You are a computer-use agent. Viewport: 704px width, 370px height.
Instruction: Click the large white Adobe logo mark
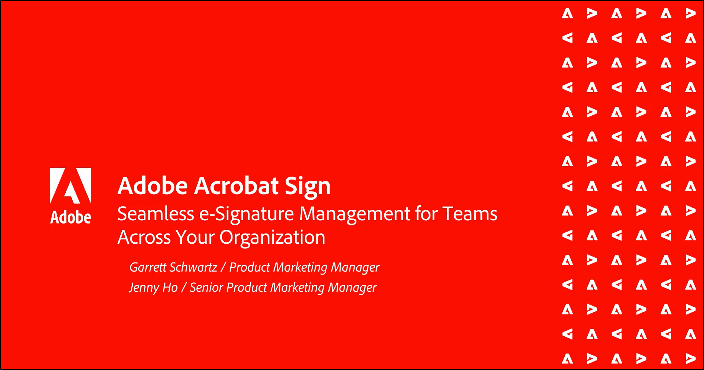70,185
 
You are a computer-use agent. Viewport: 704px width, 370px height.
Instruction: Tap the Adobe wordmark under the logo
70,217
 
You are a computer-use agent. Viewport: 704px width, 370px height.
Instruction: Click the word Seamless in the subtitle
156,214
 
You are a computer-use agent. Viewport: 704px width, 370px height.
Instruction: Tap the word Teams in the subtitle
470,214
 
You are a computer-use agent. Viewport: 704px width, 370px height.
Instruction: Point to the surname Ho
170,287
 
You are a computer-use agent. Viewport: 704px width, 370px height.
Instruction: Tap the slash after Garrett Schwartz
223,267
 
